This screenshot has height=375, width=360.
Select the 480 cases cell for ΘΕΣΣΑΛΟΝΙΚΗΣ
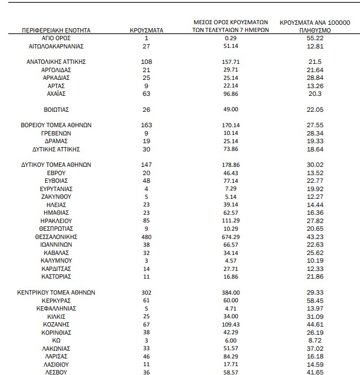(146, 236)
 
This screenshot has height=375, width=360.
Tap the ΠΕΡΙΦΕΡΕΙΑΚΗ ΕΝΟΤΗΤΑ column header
(57, 30)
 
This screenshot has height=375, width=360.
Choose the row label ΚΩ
(57, 340)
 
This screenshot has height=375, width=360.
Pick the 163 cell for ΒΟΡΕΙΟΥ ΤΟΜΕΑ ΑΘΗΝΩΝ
(146, 125)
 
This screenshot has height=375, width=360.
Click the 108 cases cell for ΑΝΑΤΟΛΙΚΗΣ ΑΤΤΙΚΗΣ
(146, 62)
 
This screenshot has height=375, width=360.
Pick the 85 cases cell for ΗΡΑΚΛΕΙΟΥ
(146, 220)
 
